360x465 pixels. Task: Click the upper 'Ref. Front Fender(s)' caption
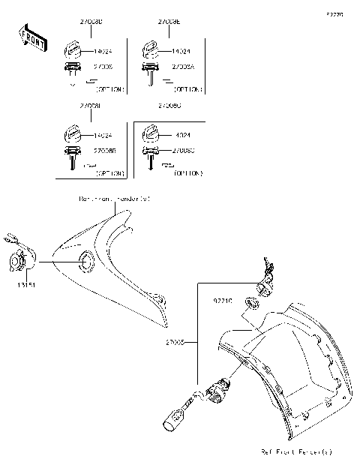[114, 199]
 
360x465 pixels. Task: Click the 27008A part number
[184, 67]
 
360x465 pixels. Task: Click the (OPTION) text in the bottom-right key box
[187, 172]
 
